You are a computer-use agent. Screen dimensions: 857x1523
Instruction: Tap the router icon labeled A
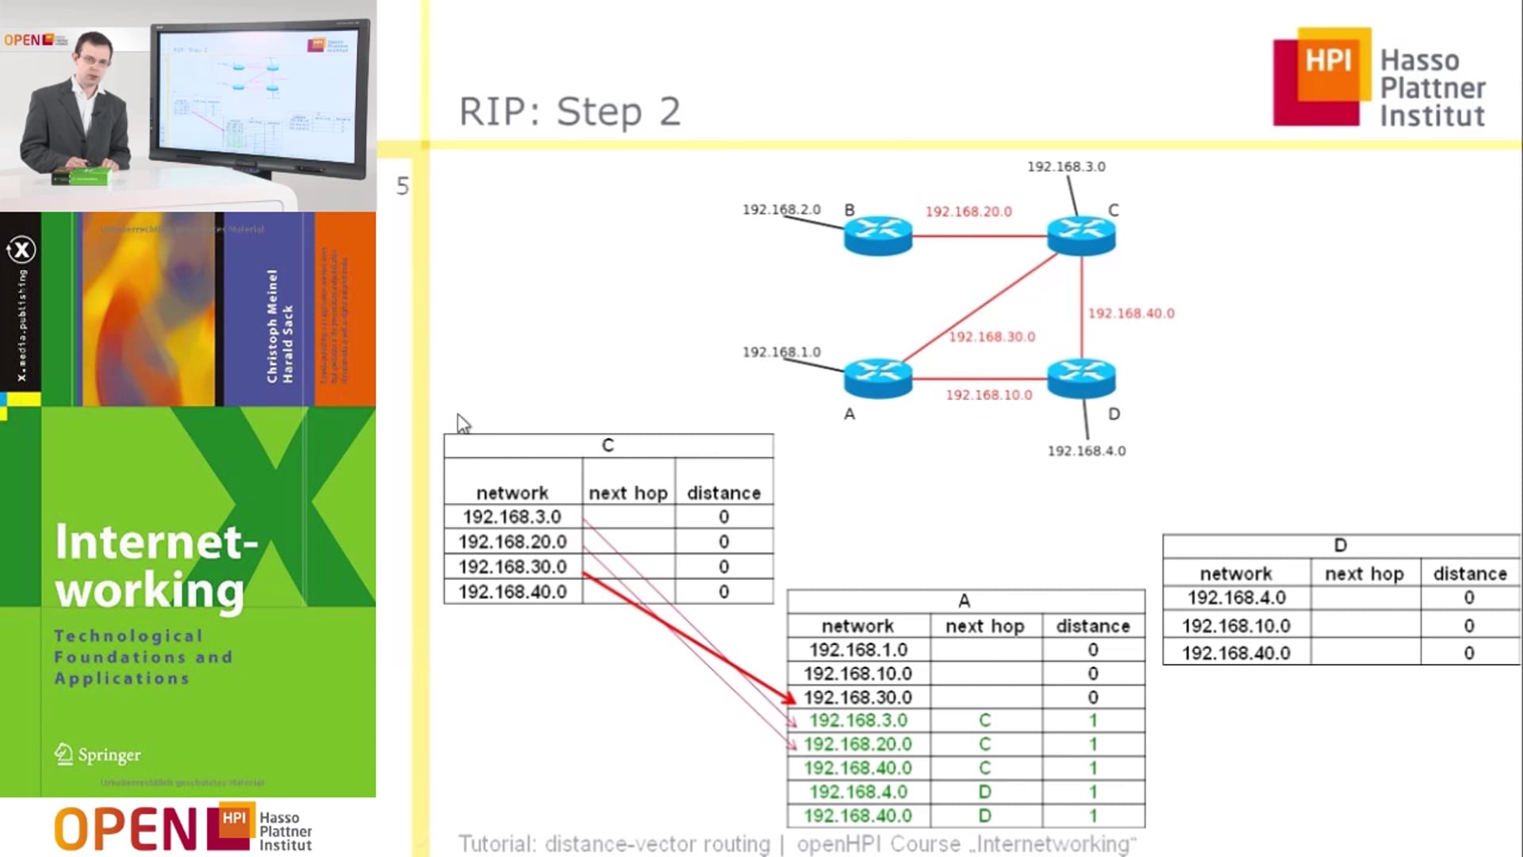point(877,378)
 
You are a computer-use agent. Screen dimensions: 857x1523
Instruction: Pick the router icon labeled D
point(1080,378)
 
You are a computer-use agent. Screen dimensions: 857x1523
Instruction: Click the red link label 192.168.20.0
point(968,212)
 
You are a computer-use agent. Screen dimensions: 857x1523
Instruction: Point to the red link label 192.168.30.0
point(992,336)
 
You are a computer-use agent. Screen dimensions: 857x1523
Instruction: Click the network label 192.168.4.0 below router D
point(1086,451)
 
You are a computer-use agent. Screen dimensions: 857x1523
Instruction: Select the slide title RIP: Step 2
point(570,111)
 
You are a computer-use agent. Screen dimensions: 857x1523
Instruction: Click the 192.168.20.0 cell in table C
point(512,542)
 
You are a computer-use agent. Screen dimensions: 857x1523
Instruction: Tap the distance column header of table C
point(723,493)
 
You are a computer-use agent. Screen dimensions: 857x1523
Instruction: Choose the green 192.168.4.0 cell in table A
point(858,792)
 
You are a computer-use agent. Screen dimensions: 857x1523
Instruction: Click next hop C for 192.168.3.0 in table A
point(984,721)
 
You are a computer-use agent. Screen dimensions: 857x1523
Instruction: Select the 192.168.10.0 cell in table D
point(1236,626)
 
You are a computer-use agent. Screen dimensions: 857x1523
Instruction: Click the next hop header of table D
point(1364,574)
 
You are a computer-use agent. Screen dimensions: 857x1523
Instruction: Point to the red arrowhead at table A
point(788,698)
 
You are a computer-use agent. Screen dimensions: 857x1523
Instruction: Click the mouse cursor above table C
point(462,422)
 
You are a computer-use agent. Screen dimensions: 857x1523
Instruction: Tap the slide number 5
point(402,186)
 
